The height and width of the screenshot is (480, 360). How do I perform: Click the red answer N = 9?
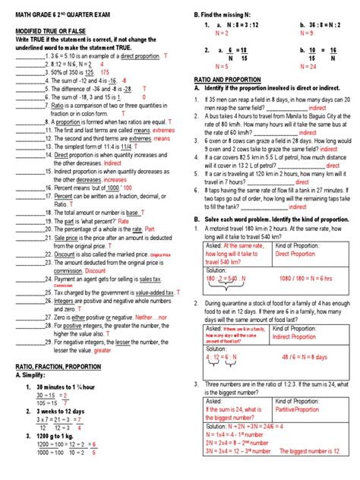307,55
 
